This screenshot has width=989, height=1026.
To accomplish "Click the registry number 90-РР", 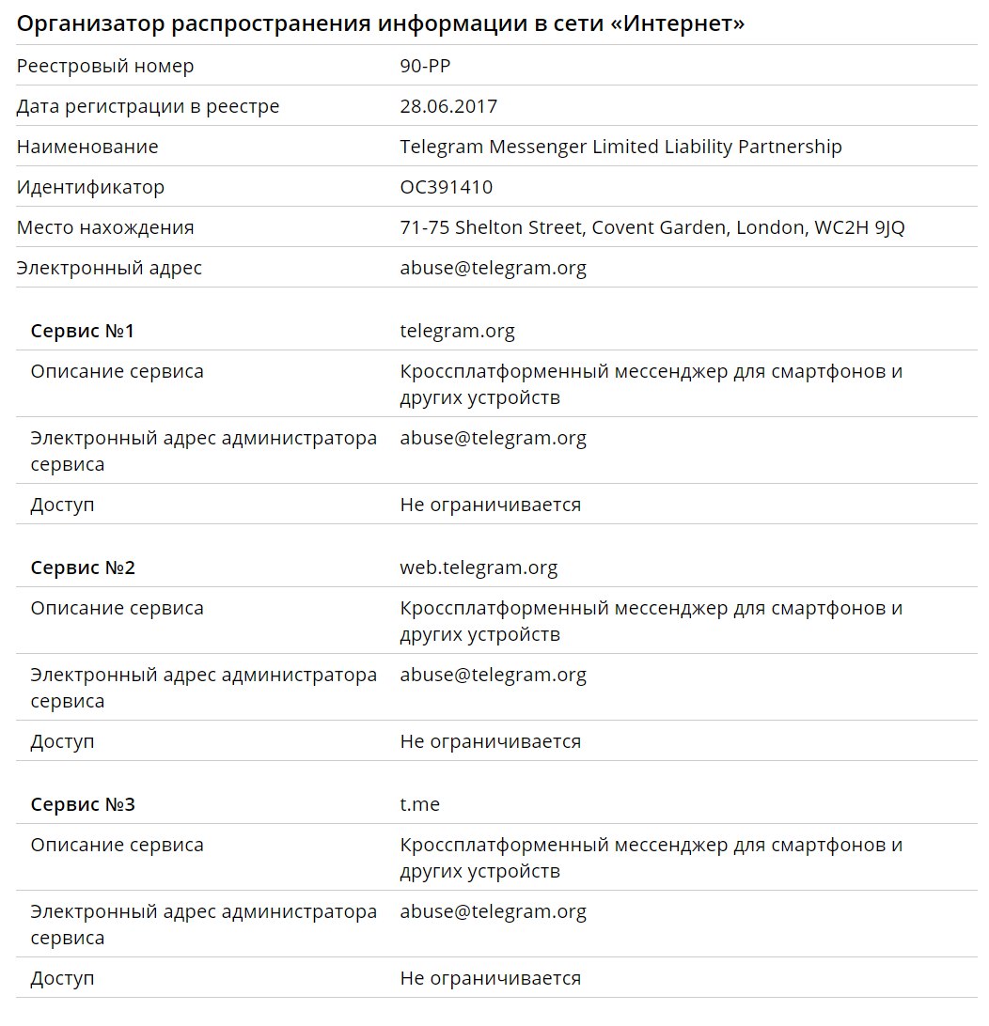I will point(432,67).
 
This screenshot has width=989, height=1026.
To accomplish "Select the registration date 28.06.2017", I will point(448,107).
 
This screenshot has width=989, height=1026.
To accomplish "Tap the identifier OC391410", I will point(446,188).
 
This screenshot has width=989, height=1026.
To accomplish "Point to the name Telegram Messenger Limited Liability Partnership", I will point(620,148).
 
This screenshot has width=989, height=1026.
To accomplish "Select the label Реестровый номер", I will point(105,67).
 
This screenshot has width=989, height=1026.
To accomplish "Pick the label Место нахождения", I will point(105,228).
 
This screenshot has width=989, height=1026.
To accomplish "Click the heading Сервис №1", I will point(83,332).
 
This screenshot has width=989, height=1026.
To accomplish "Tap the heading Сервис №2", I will point(83,568).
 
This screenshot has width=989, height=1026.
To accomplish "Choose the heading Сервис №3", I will point(83,805).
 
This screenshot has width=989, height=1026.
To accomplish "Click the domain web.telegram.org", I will point(479,568).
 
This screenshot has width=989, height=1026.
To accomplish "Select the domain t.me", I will point(419,805).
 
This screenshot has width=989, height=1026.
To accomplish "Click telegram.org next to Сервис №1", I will point(457,332).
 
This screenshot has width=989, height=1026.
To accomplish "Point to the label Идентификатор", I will point(90,188).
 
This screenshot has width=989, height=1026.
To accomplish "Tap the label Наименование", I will point(87,148).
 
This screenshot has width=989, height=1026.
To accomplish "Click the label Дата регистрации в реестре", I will point(148,107).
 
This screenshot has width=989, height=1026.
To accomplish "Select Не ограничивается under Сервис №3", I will point(490,979).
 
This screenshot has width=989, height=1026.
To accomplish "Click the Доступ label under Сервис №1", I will point(62,505).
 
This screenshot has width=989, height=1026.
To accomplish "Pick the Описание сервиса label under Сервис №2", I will point(117,609).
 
